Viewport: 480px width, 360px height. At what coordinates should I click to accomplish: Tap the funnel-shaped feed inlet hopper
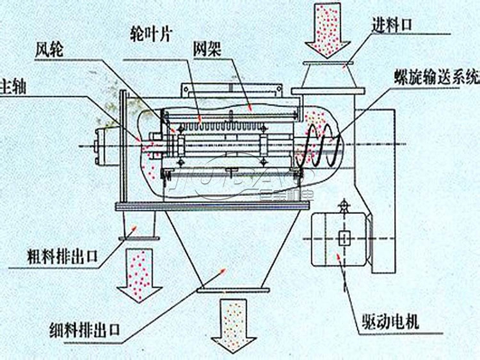[x=327, y=77]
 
